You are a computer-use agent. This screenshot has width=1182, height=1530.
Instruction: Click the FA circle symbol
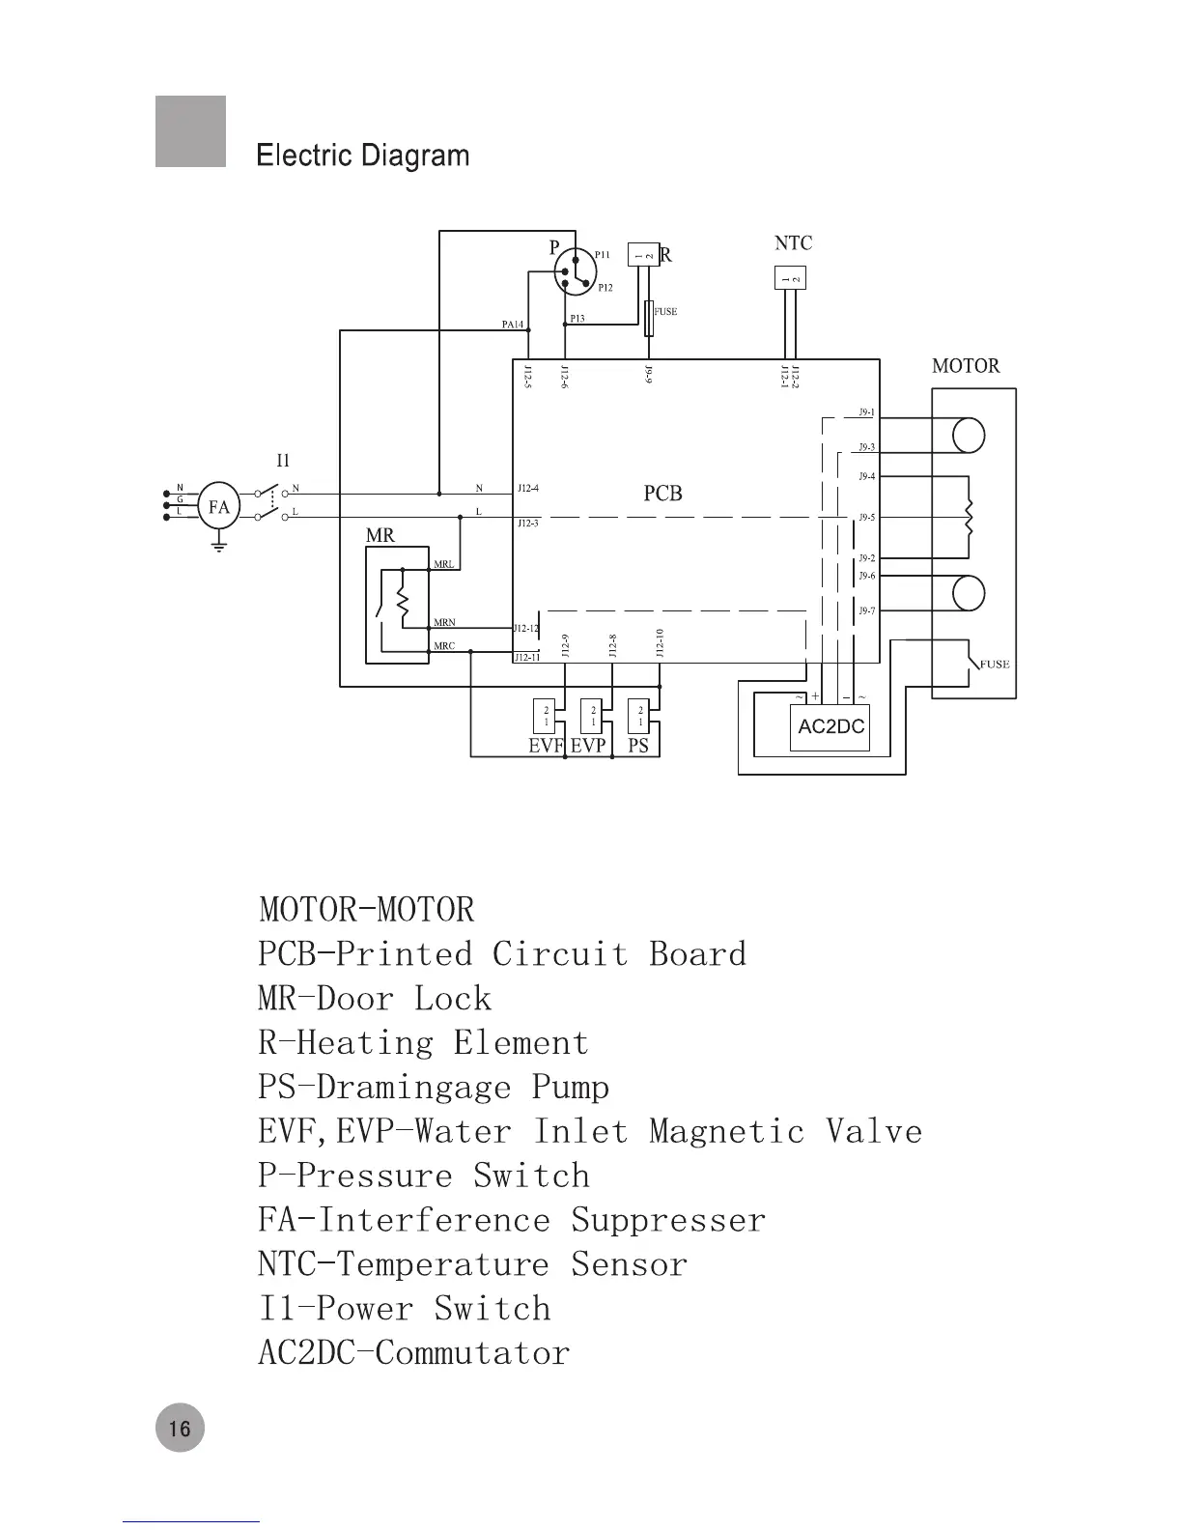[x=219, y=506]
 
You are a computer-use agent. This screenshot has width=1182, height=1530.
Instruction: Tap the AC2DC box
[x=831, y=726]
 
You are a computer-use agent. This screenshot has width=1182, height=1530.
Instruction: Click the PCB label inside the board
[x=662, y=494]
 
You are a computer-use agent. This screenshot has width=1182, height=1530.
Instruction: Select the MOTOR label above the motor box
[x=965, y=366]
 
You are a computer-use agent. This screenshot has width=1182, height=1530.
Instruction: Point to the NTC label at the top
[x=793, y=243]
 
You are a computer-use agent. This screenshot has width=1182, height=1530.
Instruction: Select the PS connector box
[x=638, y=716]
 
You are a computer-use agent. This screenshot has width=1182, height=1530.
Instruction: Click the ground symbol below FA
[x=219, y=546]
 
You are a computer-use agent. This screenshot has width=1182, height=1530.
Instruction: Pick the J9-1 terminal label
[x=866, y=412]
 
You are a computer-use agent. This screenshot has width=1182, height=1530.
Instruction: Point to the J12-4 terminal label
[x=528, y=489]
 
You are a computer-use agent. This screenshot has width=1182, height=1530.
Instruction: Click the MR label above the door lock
[x=380, y=535]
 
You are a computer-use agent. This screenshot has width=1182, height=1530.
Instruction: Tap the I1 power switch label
[x=283, y=461]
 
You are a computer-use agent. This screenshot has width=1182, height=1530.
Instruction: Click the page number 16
[x=180, y=1428]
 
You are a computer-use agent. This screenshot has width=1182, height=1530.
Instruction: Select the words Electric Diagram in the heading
[x=363, y=156]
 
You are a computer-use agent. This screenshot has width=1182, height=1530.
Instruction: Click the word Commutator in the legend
[x=472, y=1352]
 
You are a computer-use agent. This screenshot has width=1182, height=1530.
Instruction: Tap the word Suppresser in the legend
[x=668, y=1220]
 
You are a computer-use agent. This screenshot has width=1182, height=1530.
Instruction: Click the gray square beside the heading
[x=190, y=131]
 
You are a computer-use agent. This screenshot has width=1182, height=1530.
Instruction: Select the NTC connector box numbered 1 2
[x=790, y=278]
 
